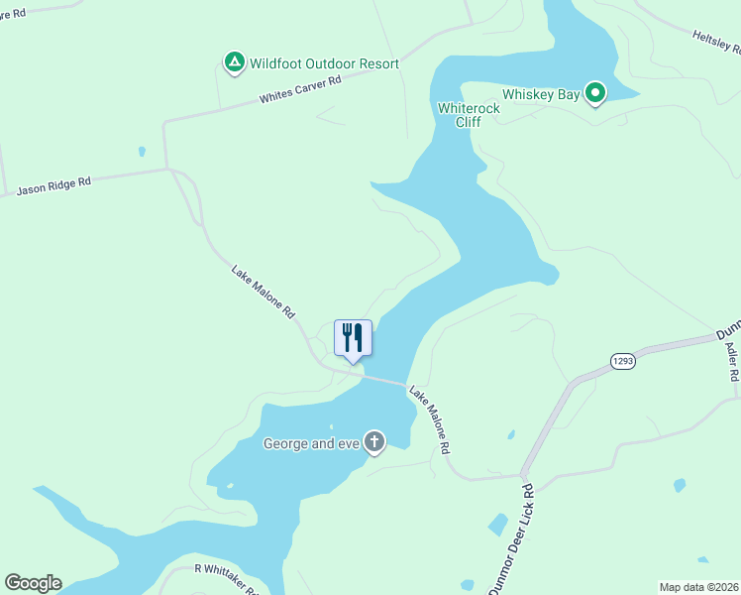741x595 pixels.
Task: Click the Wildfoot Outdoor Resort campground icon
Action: [234, 63]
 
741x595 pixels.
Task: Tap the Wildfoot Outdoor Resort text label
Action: [324, 63]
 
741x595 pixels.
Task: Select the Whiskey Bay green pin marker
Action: [595, 93]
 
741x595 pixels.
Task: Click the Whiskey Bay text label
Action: [541, 93]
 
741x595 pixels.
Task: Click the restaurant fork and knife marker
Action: [353, 338]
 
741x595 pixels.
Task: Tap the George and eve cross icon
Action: [374, 442]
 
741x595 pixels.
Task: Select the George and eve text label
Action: [310, 443]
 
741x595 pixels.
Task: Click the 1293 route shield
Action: [622, 361]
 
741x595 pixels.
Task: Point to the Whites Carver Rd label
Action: [300, 90]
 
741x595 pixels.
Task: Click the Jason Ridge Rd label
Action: [53, 185]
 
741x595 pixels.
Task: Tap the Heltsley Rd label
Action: [716, 41]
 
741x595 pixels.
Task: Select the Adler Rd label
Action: [732, 363]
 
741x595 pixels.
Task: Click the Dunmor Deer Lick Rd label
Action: [511, 539]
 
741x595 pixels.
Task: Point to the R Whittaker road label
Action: [226, 577]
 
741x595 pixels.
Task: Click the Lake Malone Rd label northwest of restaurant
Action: [264, 291]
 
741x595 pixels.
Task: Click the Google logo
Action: [33, 583]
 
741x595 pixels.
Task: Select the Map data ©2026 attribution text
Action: [698, 586]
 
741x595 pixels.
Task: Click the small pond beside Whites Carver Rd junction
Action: [142, 152]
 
